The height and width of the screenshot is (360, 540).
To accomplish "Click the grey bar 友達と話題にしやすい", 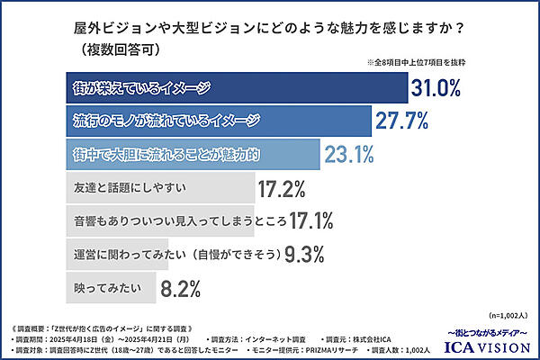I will click(153, 188).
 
